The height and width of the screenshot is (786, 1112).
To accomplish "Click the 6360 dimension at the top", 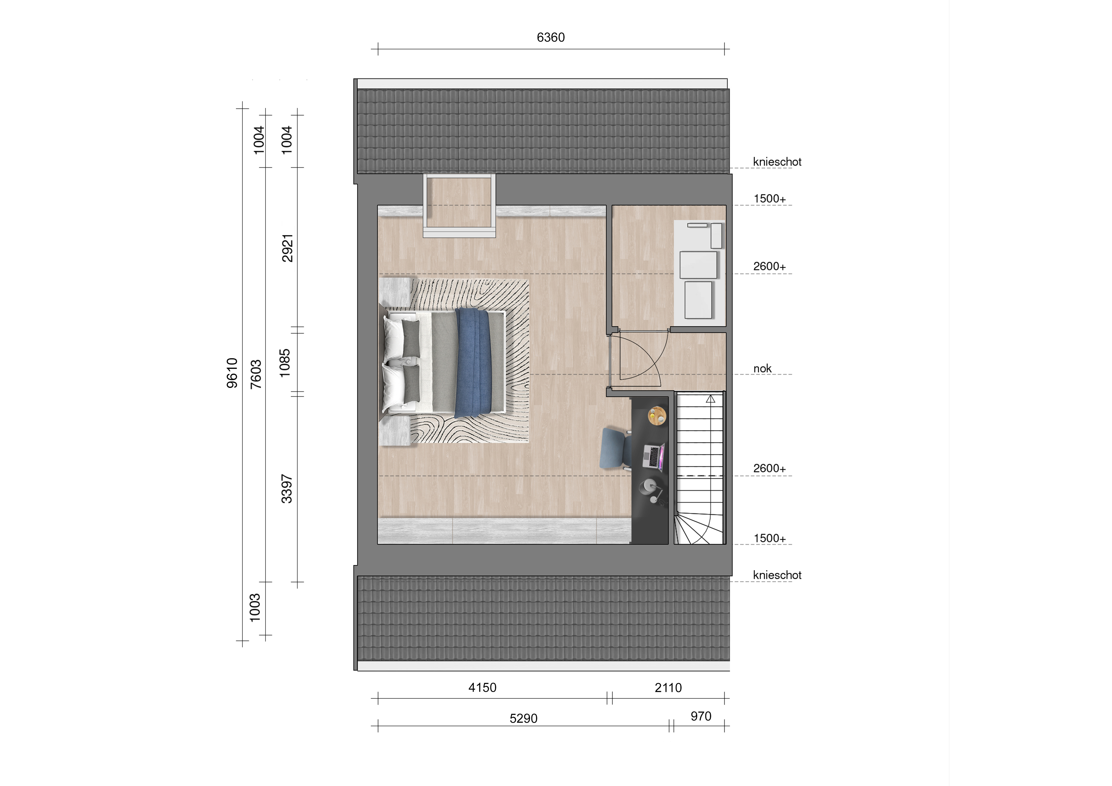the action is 551,37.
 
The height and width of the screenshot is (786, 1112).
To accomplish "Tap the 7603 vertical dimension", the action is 256,374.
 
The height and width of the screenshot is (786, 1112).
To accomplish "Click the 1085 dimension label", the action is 285,363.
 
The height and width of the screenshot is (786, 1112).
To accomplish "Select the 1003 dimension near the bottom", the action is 255,608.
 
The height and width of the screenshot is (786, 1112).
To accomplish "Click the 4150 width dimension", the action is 482,688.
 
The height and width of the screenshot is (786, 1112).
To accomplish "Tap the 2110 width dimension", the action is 668,688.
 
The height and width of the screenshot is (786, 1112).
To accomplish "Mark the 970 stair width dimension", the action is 701,716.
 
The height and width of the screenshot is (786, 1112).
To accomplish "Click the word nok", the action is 762,369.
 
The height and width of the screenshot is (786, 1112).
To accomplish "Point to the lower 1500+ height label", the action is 770,538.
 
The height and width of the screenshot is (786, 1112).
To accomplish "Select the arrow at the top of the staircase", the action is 711,399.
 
